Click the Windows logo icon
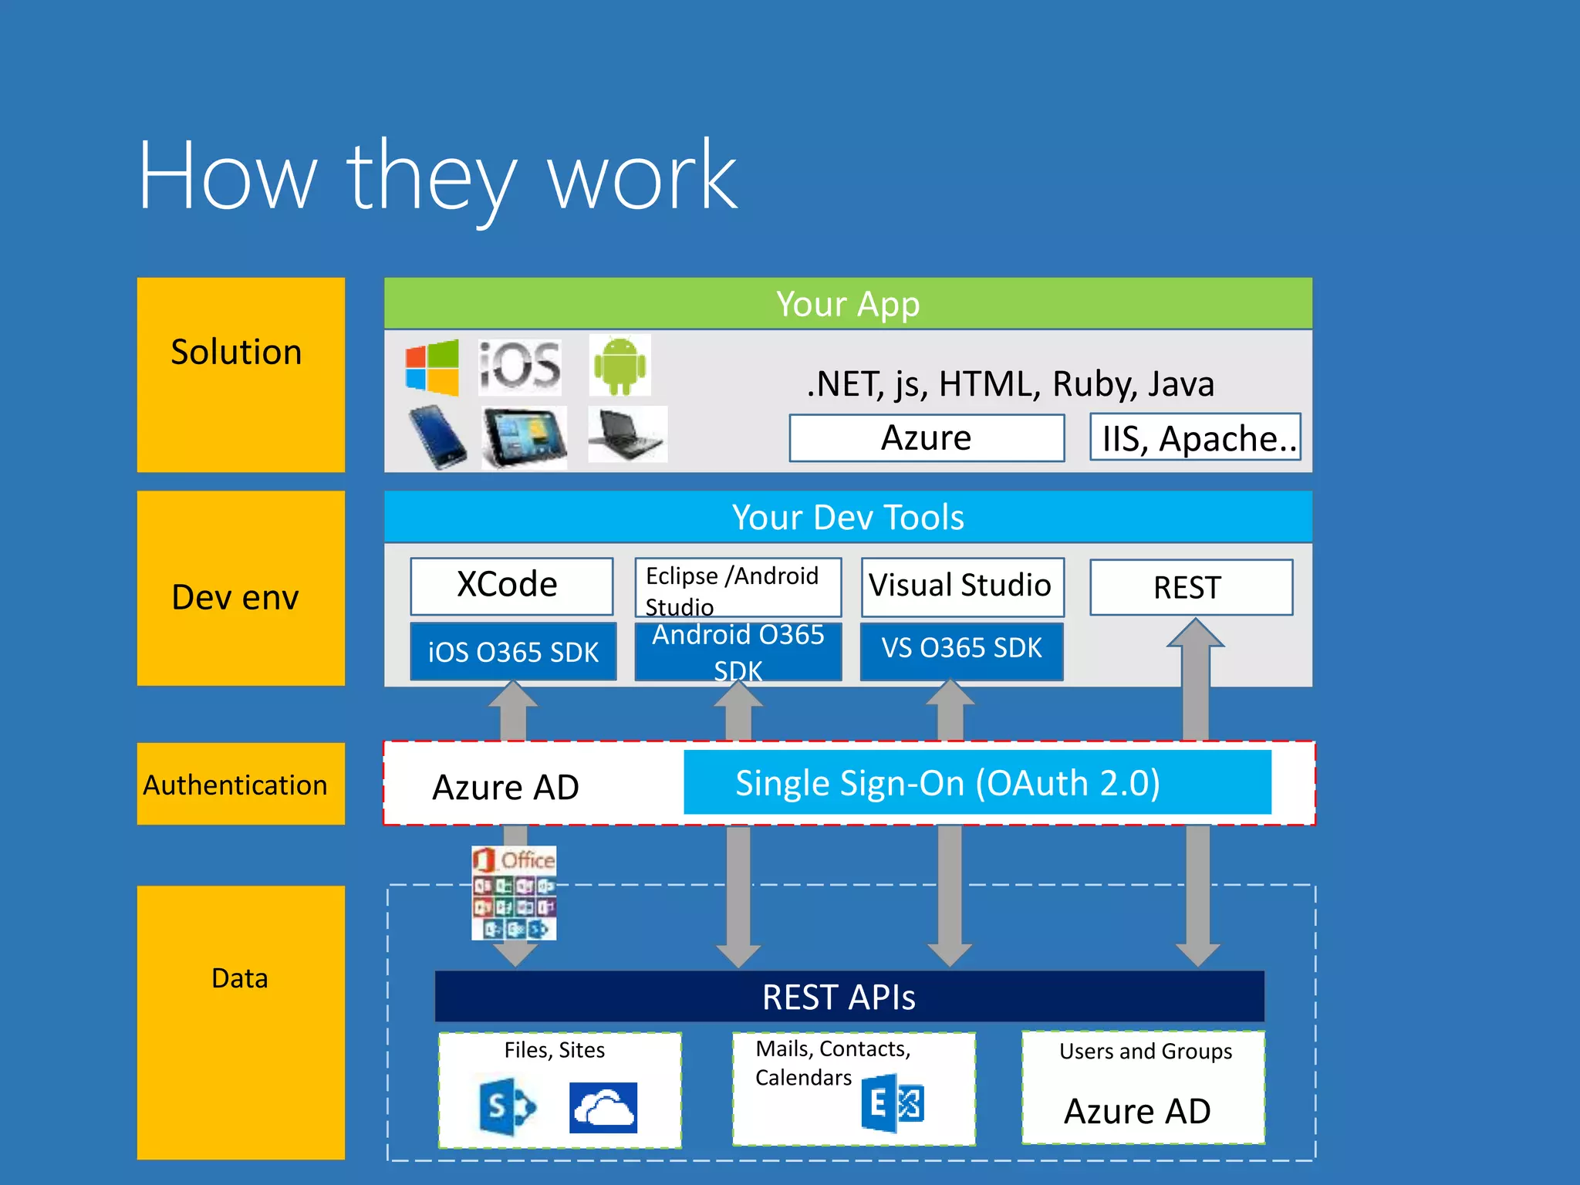(x=432, y=367)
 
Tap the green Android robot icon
(x=620, y=365)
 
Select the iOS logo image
(x=519, y=366)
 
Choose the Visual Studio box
(x=961, y=586)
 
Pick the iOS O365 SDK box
(x=513, y=652)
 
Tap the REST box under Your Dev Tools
(x=1190, y=587)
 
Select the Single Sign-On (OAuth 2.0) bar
(x=977, y=782)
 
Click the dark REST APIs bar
(x=849, y=996)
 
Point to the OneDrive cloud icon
(x=603, y=1108)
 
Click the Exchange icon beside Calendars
(x=893, y=1103)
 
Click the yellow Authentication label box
(x=240, y=784)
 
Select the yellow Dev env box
(x=240, y=588)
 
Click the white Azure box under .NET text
(x=926, y=437)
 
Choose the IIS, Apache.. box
(x=1194, y=437)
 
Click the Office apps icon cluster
(x=514, y=893)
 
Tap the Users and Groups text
(x=1145, y=1051)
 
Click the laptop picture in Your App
(x=626, y=434)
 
